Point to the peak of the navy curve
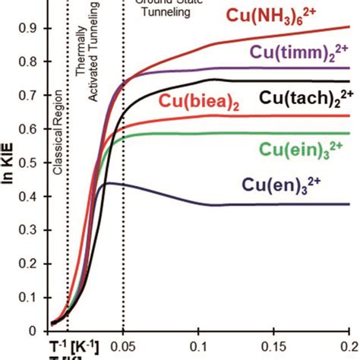pyautogui.click(x=110, y=182)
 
